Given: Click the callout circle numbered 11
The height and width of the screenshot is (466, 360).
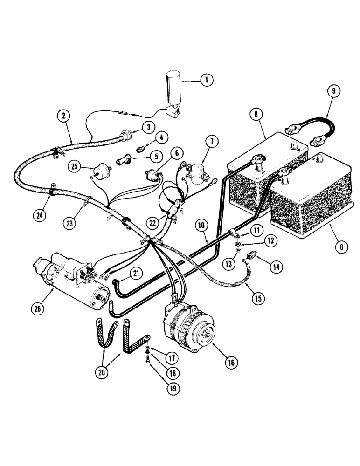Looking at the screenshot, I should click(256, 229).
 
